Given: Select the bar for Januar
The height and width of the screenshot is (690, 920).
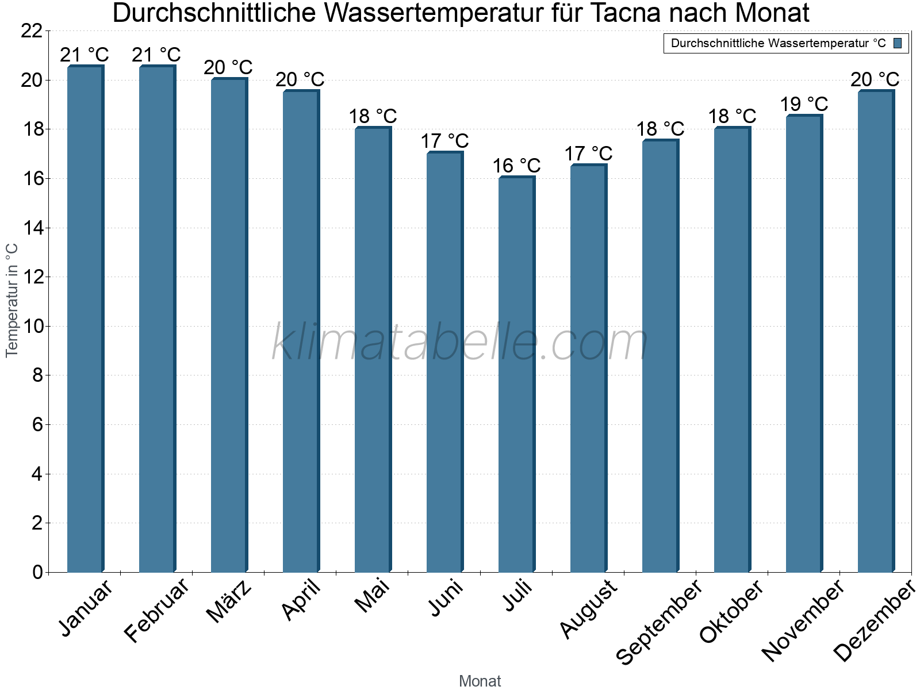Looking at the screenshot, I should (x=85, y=319).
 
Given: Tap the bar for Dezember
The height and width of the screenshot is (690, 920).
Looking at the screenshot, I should (x=876, y=331).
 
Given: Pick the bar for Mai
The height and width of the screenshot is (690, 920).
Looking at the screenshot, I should (x=373, y=350).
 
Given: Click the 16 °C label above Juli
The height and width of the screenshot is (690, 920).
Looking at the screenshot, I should (x=516, y=166).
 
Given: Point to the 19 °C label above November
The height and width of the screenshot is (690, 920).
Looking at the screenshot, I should (x=804, y=104).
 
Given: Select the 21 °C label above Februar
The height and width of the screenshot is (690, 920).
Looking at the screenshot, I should (x=156, y=55).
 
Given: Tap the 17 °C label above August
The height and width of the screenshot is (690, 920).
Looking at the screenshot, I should (x=588, y=154).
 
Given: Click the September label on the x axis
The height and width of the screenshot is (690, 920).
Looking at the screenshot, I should (x=659, y=622).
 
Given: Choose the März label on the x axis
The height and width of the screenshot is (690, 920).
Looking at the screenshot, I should (x=229, y=601).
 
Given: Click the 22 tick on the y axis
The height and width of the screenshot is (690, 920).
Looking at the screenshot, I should (x=32, y=31).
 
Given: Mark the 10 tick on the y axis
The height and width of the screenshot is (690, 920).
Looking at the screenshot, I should (x=32, y=327).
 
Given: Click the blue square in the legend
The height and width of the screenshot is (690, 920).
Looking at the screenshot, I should (x=898, y=43).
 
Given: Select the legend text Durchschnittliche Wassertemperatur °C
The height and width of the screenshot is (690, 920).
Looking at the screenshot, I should (x=778, y=43).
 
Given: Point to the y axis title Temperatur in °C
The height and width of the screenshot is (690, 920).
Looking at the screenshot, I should (x=12, y=300).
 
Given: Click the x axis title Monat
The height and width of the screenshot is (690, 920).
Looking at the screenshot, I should (x=480, y=681).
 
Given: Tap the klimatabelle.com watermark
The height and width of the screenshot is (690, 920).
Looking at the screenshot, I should (x=460, y=343).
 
